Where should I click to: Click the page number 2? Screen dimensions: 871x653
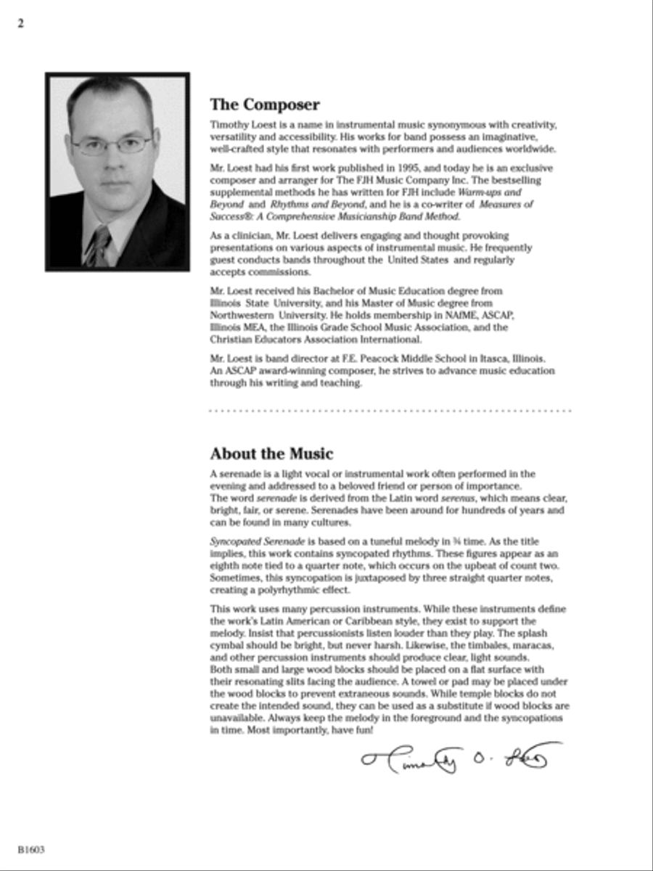coord(21,23)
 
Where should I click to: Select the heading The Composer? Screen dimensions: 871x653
coord(264,105)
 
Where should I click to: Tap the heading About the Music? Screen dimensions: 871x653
coord(271,454)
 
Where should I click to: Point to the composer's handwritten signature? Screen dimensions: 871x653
coord(461,758)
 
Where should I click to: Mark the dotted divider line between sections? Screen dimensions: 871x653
coord(390,411)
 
